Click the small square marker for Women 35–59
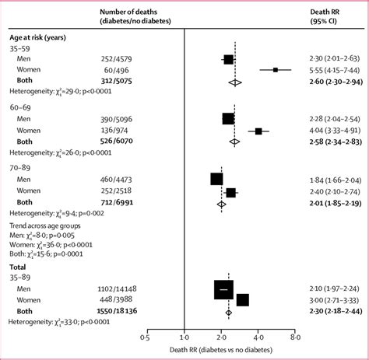point(275,70)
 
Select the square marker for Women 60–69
point(258,131)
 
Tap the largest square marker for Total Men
point(223,288)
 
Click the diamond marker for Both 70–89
point(221,203)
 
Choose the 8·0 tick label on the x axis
point(295,338)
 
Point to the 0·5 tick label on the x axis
point(145,338)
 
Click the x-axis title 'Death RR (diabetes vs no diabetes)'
point(220,350)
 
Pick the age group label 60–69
point(21,107)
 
